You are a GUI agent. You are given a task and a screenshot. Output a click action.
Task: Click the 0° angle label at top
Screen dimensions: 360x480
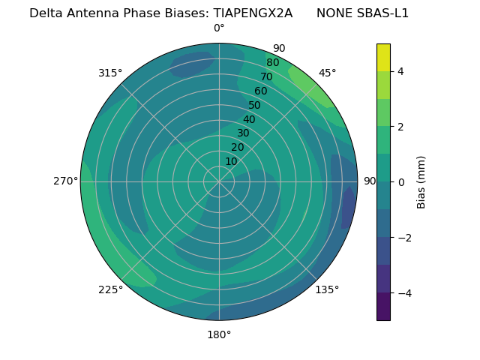click(x=219, y=28)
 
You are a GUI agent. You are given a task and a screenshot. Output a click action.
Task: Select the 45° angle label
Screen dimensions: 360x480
click(x=327, y=73)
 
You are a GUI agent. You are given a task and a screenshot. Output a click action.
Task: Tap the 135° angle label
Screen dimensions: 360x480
click(x=327, y=289)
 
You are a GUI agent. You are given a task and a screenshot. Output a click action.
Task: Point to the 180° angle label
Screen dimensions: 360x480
click(x=219, y=334)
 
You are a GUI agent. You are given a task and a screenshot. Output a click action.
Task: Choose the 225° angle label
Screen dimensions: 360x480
click(x=110, y=290)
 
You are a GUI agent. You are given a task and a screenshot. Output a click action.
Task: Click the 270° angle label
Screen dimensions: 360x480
click(x=65, y=181)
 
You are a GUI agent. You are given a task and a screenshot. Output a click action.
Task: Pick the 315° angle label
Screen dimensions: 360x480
click(x=110, y=73)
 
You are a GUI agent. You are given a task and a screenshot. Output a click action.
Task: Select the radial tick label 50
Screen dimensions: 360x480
click(x=255, y=106)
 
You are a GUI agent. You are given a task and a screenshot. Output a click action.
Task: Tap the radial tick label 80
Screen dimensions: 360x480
click(x=273, y=63)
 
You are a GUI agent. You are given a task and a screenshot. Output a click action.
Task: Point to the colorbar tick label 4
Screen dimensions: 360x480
click(x=401, y=71)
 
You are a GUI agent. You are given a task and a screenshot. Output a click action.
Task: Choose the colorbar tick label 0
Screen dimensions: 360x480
click(x=401, y=182)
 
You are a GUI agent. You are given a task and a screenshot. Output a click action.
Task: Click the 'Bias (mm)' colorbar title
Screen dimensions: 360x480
click(x=421, y=182)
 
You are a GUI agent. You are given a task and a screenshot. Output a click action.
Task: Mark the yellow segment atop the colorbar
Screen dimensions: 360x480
click(x=383, y=58)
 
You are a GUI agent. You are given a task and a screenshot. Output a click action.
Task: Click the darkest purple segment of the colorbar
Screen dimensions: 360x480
click(x=383, y=306)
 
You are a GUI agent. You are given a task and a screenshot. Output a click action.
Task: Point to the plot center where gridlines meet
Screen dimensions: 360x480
click(x=219, y=181)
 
